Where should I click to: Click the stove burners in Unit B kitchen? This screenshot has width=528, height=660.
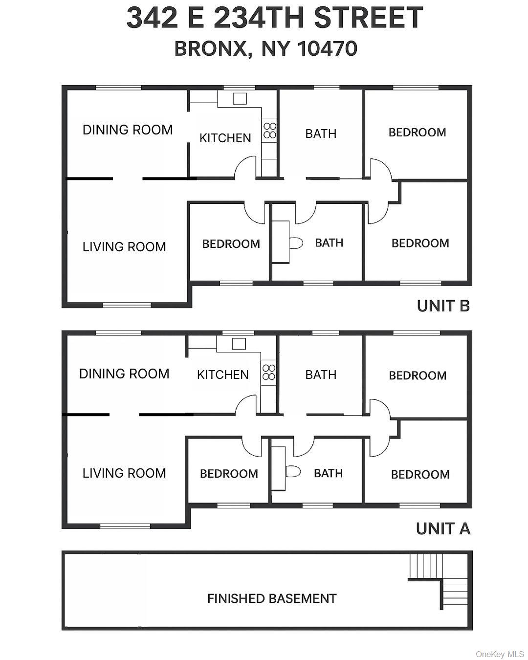[x=269, y=131]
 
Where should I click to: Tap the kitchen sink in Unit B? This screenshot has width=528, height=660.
[x=240, y=99]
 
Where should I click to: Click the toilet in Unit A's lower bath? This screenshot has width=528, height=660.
[x=292, y=472]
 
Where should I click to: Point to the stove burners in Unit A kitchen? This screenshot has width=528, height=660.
[x=268, y=373]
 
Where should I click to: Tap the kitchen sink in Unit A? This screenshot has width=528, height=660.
[x=239, y=344]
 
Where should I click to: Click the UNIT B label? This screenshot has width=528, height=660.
[x=443, y=306]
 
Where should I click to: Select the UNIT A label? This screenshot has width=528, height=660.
[x=443, y=528]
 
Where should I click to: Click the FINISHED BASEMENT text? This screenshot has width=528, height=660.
[x=272, y=598]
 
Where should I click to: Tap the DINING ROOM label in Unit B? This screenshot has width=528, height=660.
[x=128, y=130]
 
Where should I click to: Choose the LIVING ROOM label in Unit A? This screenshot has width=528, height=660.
[x=124, y=473]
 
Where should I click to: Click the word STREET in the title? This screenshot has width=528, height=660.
[x=368, y=18]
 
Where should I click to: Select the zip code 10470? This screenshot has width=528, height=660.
[x=327, y=48]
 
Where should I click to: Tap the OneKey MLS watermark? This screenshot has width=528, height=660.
[x=500, y=654]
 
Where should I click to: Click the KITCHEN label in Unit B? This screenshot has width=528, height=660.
[x=225, y=138]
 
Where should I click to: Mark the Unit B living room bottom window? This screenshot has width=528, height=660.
[x=127, y=305]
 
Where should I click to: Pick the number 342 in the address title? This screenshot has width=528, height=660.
[x=152, y=18]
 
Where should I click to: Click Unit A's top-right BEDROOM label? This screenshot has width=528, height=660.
[x=418, y=375]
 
